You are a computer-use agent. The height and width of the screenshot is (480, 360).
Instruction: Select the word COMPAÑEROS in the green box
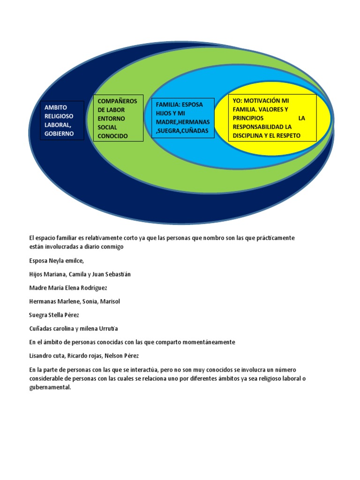pyautogui.click(x=117, y=101)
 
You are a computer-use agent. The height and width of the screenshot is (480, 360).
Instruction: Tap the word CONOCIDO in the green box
pyautogui.click(x=112, y=136)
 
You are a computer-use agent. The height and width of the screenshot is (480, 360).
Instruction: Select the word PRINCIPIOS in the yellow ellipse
pyautogui.click(x=248, y=118)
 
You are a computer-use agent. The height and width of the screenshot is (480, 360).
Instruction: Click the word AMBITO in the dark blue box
pyautogui.click(x=55, y=107)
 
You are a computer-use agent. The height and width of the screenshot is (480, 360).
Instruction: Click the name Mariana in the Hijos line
pyautogui.click(x=57, y=274)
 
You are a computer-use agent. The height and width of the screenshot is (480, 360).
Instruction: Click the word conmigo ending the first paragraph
pyautogui.click(x=111, y=247)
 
